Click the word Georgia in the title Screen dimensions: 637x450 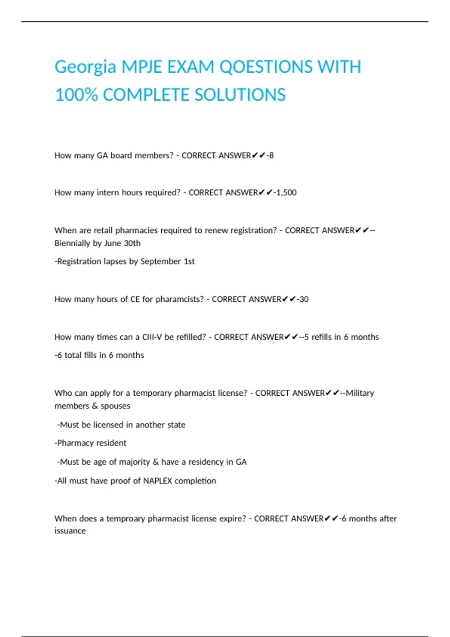[x=85, y=67]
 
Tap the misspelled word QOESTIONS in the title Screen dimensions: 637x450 [x=265, y=67]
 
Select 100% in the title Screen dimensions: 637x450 [x=76, y=95]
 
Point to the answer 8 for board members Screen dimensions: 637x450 [x=271, y=156]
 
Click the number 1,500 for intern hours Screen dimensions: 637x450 [x=286, y=193]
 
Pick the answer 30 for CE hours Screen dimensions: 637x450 [x=304, y=299]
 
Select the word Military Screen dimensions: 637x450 [x=360, y=393]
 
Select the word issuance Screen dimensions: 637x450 [x=70, y=531]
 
